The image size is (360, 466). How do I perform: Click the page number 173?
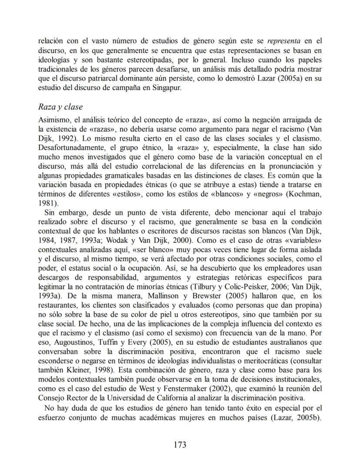(x=180, y=444)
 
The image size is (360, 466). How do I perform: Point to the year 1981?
(x=47, y=203)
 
